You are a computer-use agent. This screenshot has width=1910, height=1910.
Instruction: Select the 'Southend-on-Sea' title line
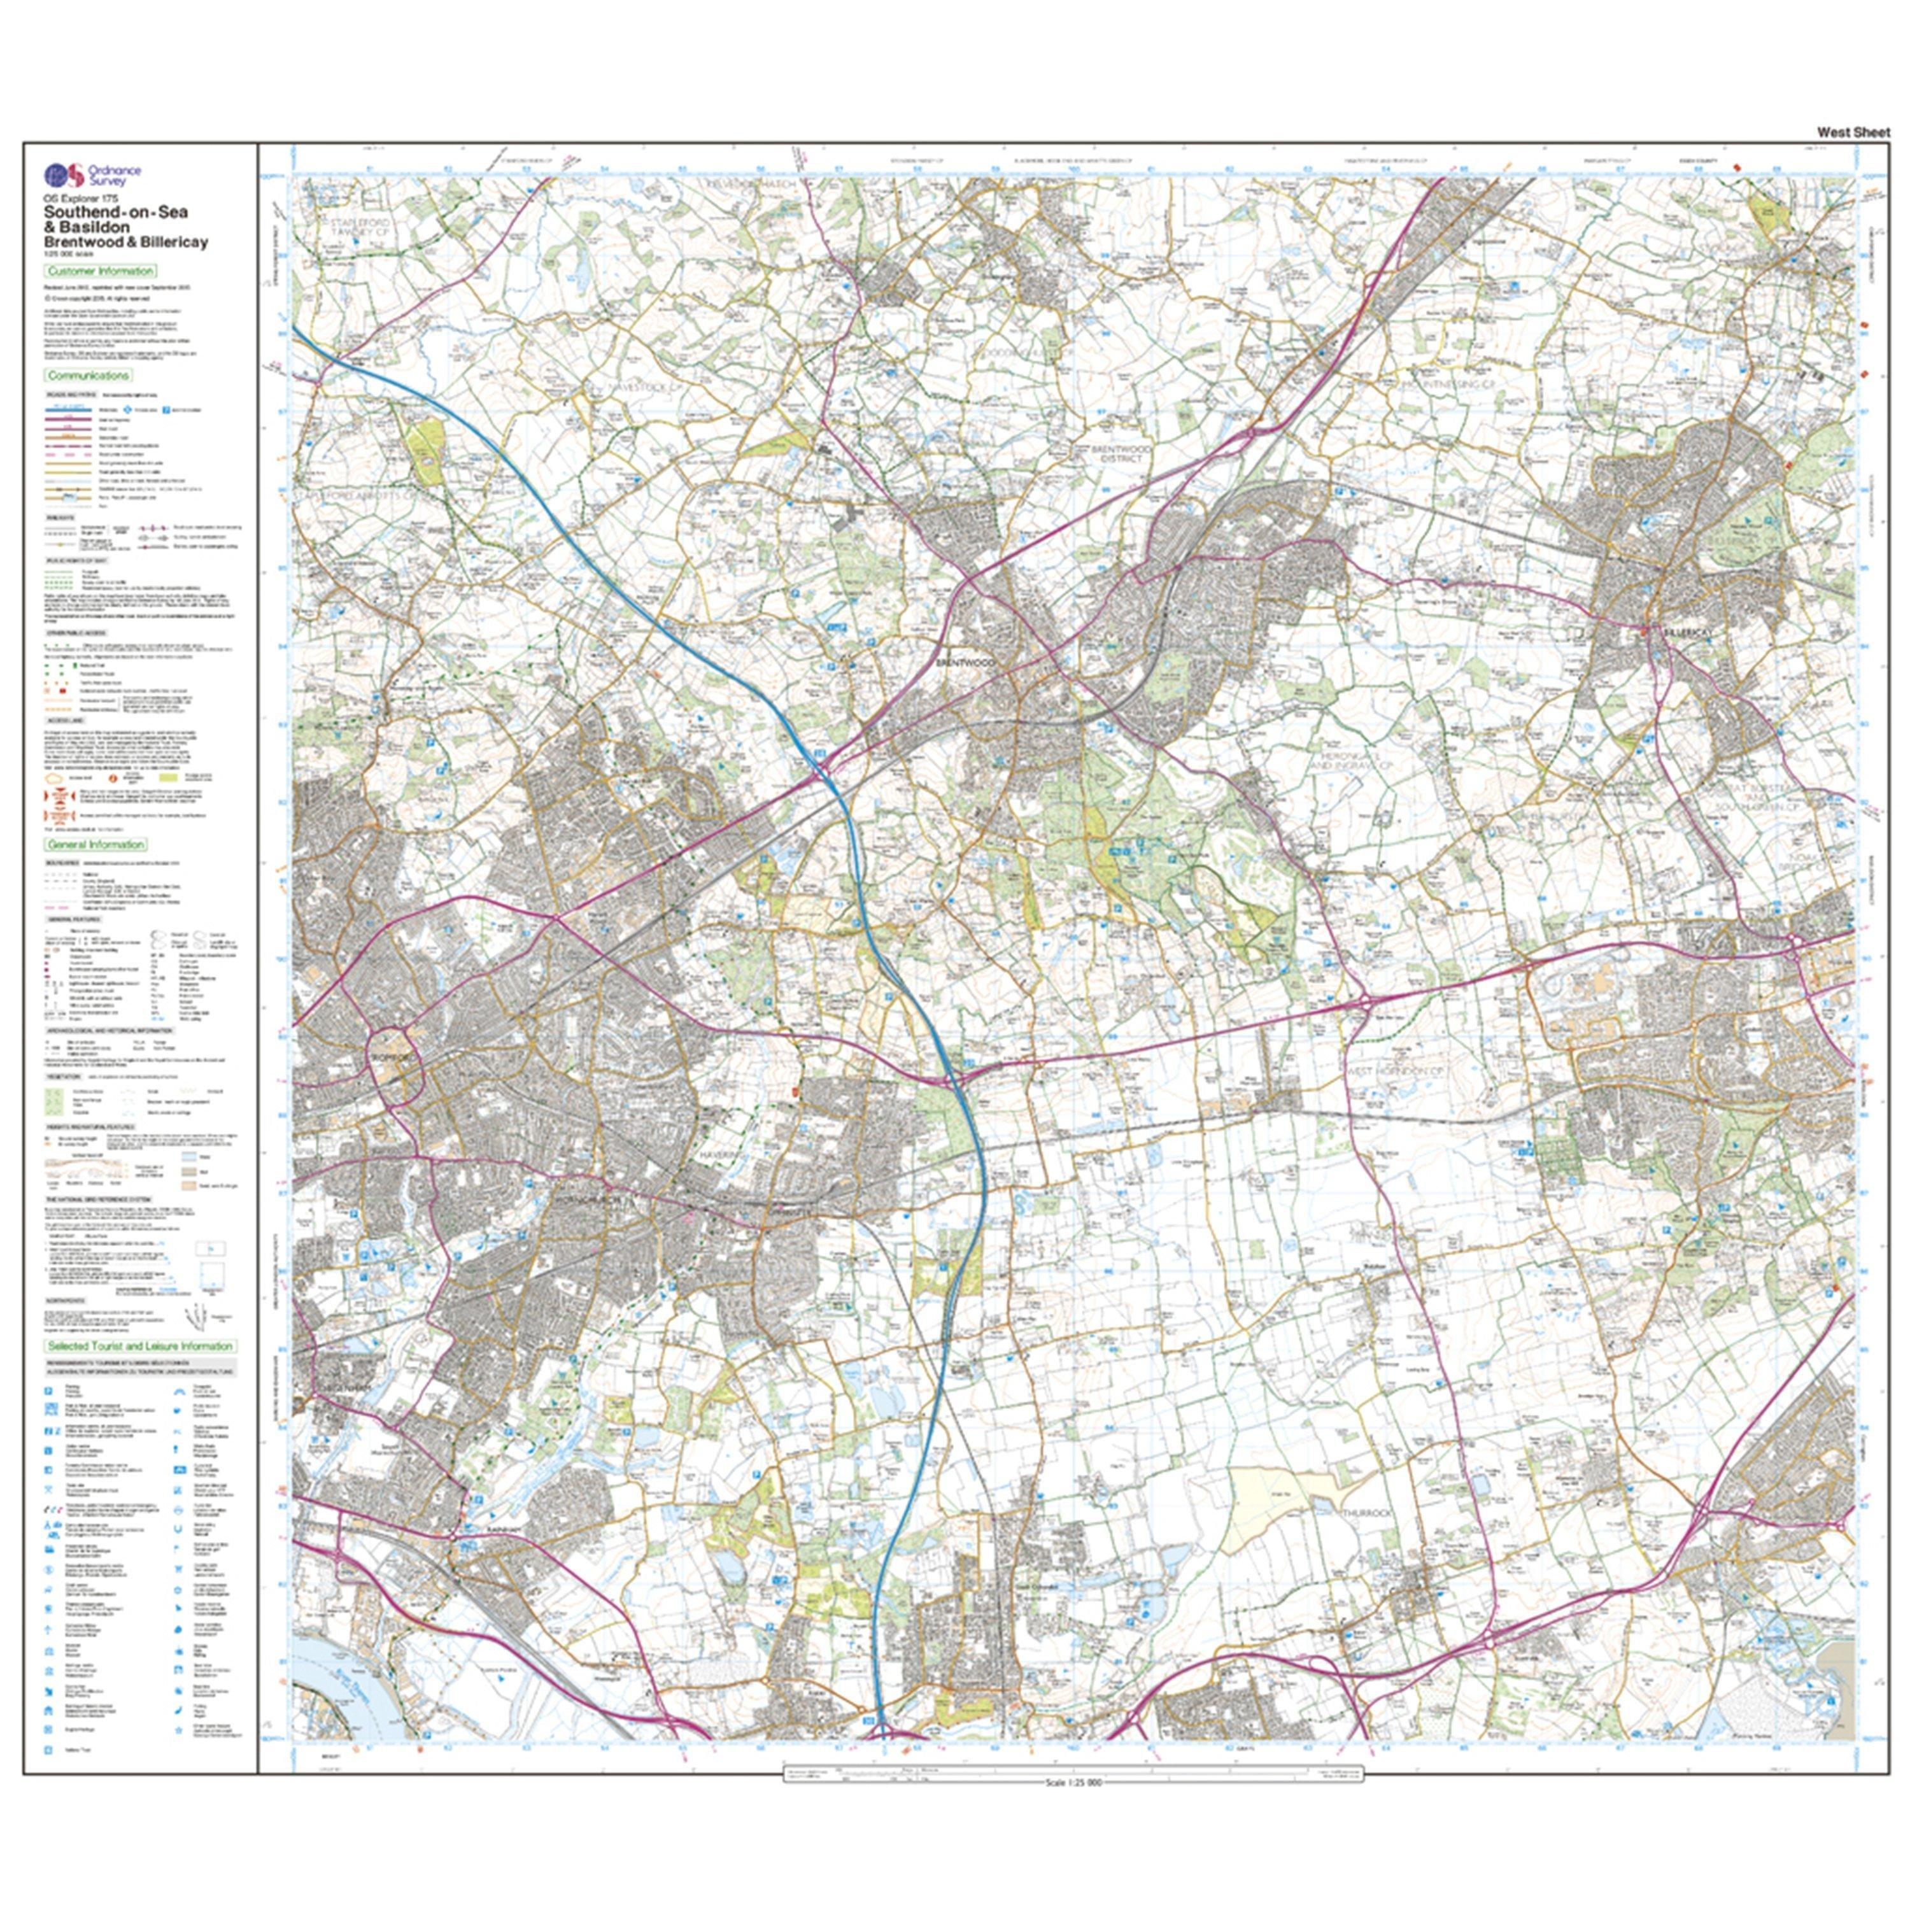[x=116, y=211]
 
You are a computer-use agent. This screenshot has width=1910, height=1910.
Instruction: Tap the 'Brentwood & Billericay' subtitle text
[x=125, y=242]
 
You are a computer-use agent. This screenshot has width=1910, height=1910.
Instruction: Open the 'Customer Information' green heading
[x=100, y=271]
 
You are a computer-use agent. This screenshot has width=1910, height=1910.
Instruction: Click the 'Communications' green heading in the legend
[x=88, y=376]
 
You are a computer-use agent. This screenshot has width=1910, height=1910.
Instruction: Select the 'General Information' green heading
[x=96, y=844]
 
